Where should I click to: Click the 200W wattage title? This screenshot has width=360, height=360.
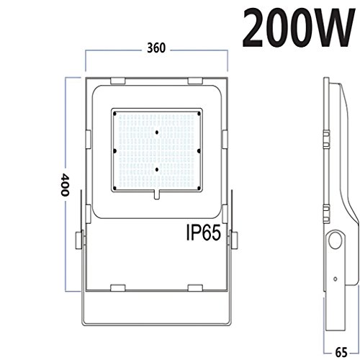(x=298, y=27)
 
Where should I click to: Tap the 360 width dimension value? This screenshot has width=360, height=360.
(x=156, y=48)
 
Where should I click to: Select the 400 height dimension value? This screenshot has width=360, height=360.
(x=65, y=184)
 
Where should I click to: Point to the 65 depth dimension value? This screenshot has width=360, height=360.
(x=341, y=353)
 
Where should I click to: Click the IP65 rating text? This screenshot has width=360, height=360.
(x=204, y=233)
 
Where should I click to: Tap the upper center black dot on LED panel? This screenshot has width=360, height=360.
(x=157, y=132)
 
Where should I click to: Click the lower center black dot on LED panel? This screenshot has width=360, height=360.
(x=157, y=170)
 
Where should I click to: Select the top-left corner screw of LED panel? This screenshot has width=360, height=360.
(x=114, y=114)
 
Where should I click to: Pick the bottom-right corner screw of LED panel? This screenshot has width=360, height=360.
(x=199, y=188)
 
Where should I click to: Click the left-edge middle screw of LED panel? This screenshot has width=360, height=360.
(x=114, y=151)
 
